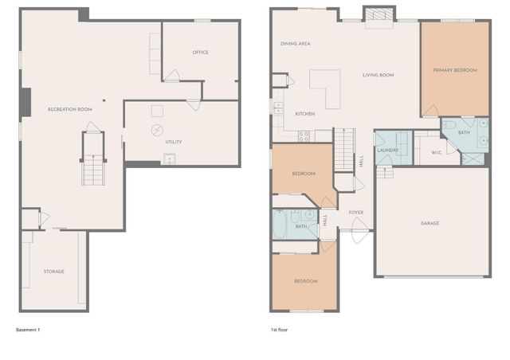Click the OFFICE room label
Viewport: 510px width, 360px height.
tap(200, 53)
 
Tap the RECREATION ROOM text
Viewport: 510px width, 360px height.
tap(70, 108)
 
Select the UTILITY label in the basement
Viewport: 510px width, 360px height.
tap(173, 142)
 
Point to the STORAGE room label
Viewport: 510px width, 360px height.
tap(53, 272)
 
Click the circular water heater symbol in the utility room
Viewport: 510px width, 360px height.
tap(157, 129)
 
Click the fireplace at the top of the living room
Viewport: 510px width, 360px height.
tap(378, 14)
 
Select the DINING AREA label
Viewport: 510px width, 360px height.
tap(295, 44)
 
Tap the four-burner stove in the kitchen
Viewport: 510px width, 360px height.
tap(304, 136)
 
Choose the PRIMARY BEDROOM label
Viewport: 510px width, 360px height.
tap(455, 70)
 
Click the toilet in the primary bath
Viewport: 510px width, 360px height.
tap(449, 125)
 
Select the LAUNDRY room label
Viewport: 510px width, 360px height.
tap(388, 149)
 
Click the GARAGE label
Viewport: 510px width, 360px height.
tap(430, 223)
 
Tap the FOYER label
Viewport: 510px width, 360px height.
tap(355, 213)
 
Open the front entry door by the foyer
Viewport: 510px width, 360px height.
tap(359, 235)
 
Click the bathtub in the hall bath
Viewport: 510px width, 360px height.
tap(280, 225)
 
